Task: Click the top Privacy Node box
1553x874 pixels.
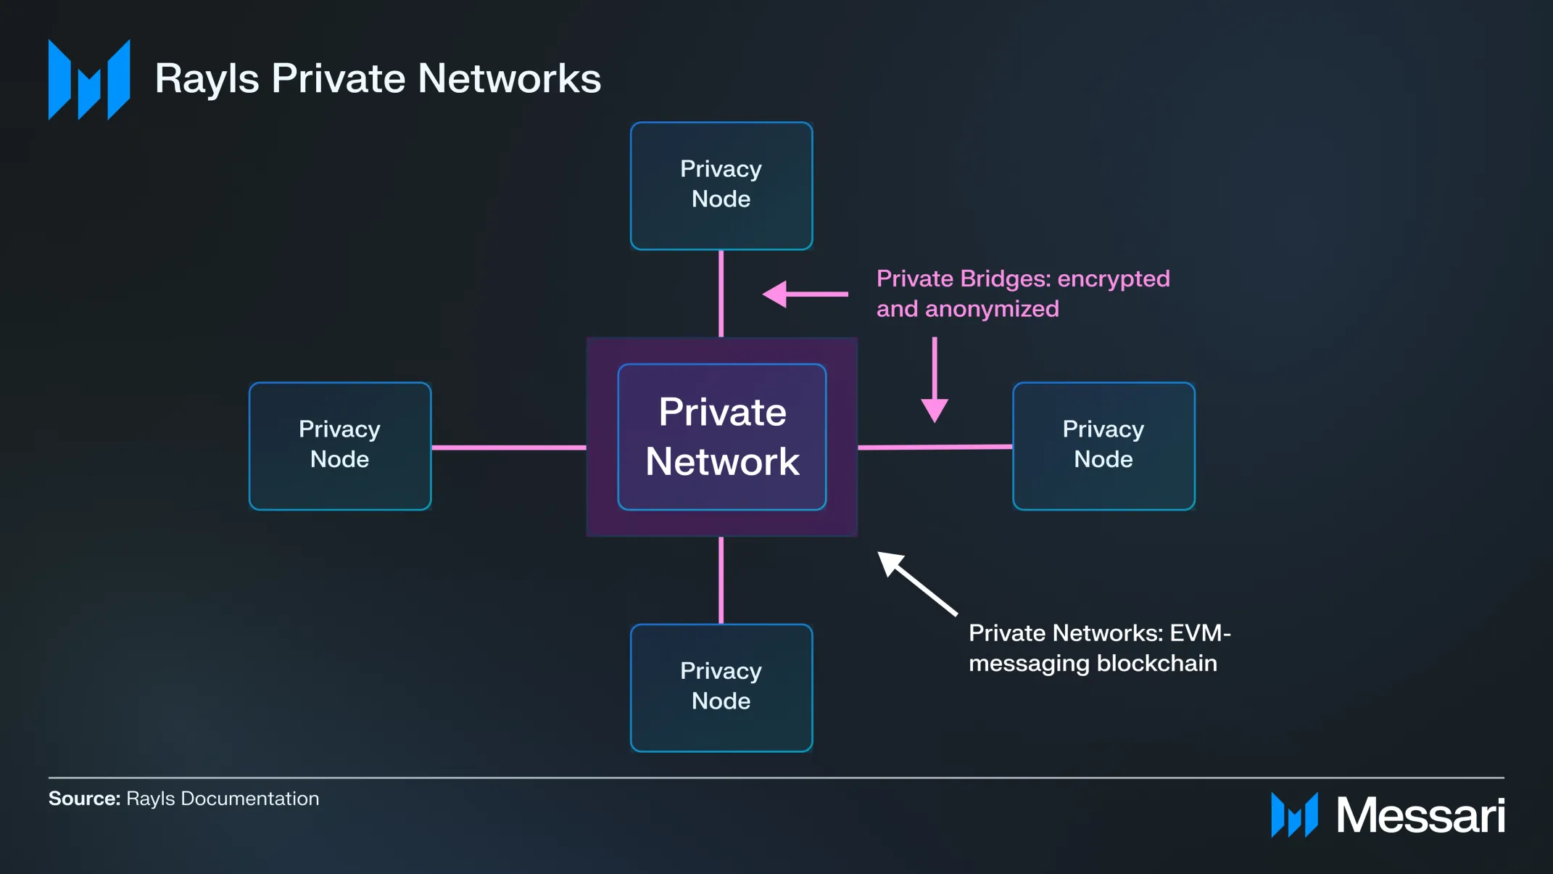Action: pos(721,186)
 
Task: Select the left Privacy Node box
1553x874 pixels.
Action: pos(340,446)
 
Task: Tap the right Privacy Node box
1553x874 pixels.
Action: pos(1103,446)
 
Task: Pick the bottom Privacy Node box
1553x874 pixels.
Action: pos(721,688)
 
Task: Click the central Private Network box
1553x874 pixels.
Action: pos(722,437)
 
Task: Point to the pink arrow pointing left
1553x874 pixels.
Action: pos(805,294)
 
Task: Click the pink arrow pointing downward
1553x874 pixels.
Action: pos(935,379)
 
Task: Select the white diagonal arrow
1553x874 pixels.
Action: pos(917,583)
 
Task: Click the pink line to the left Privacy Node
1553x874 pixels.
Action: pos(509,448)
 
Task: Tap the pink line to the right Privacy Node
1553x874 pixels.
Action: pos(935,447)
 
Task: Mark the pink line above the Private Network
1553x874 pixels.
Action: pos(721,293)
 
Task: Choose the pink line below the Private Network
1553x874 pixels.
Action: pos(721,580)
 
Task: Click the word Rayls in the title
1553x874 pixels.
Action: pos(207,79)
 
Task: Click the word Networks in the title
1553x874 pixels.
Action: pos(510,78)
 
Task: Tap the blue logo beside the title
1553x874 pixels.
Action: pos(89,79)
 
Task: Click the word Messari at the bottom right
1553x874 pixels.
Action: pos(1420,815)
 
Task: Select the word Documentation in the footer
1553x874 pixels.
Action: pos(249,799)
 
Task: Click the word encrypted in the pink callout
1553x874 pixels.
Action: pos(1114,279)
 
